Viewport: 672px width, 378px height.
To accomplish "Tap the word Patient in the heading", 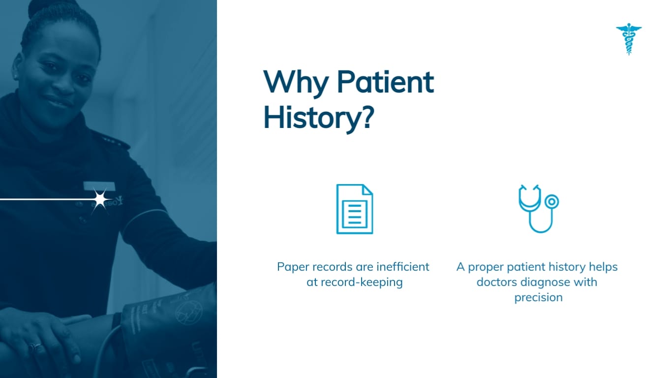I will click(x=385, y=82).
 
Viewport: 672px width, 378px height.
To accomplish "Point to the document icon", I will click(x=354, y=209).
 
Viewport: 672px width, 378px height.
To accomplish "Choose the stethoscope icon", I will click(x=538, y=208).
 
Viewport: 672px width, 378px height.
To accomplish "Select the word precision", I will click(x=538, y=298).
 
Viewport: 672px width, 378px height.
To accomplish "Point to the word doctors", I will click(x=496, y=283).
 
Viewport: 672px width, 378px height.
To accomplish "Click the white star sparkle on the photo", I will click(x=100, y=199).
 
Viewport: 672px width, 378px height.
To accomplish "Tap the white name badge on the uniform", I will click(x=99, y=186).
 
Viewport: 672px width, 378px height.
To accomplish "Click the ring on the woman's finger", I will click(x=35, y=347).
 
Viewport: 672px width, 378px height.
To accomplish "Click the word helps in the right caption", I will click(x=603, y=267).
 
